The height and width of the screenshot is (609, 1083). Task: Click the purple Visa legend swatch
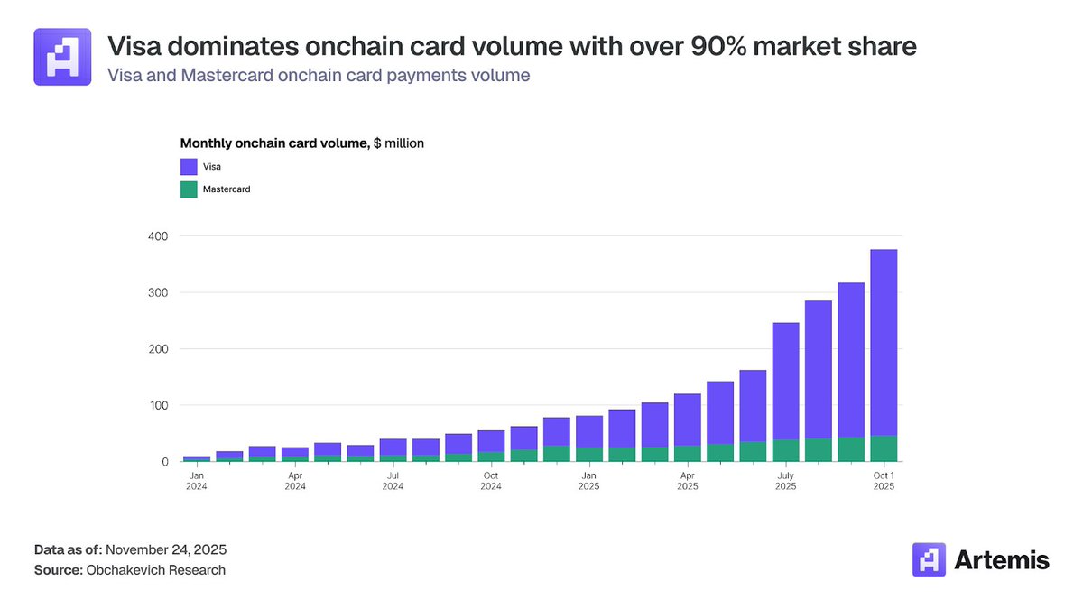189,166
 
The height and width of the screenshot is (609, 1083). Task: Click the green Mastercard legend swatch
189,189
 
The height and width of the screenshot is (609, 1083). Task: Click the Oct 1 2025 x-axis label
883,481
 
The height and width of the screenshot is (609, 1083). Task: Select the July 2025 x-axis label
785,481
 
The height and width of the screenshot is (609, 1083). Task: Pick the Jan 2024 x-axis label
197,481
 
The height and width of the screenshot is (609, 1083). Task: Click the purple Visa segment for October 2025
883,343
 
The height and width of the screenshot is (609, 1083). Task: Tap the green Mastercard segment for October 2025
883,448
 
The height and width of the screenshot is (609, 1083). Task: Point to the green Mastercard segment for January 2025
589,454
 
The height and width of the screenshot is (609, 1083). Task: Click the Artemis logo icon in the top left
62,57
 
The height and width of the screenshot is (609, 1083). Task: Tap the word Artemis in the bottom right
1002,560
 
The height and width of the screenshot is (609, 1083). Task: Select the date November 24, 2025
168,549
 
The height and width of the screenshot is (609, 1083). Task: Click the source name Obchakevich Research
155,570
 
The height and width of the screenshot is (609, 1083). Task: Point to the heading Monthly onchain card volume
275,143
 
